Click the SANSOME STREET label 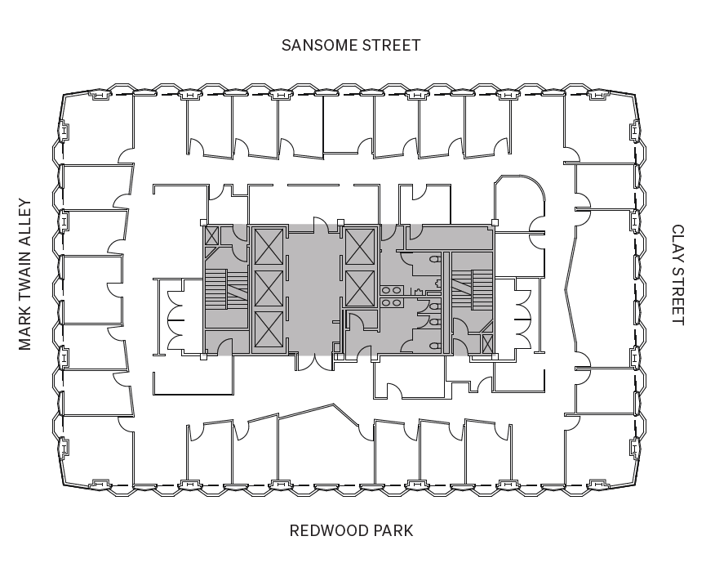click(351, 45)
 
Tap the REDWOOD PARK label click(351, 530)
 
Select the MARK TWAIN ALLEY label click(24, 275)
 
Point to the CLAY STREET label click(677, 275)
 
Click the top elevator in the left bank click(268, 246)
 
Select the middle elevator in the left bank click(268, 287)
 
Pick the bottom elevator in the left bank click(268, 329)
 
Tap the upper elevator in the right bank click(359, 246)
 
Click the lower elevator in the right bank click(359, 287)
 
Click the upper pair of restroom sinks click(390, 289)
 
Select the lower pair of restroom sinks click(390, 302)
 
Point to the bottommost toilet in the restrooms click(436, 346)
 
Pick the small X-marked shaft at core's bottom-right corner click(487, 344)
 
